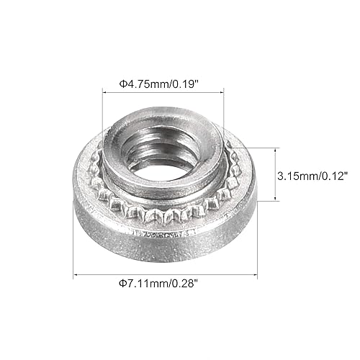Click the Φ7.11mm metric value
pyautogui.click(x=144, y=283)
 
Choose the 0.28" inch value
pyautogui.click(x=184, y=283)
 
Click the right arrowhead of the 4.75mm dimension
pyautogui.click(x=224, y=91)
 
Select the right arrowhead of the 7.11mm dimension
pyautogui.click(x=257, y=274)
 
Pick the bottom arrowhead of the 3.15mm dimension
pyautogui.click(x=275, y=199)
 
